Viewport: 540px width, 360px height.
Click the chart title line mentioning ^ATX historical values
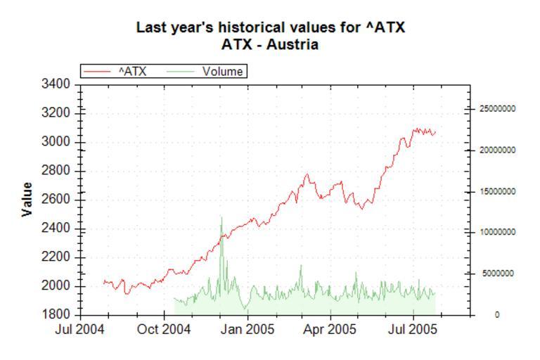270,28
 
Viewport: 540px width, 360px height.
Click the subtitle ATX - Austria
270,45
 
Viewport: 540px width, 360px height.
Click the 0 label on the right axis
496,315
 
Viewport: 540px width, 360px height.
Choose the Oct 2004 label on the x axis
165,329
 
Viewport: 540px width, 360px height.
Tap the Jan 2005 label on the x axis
247,329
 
